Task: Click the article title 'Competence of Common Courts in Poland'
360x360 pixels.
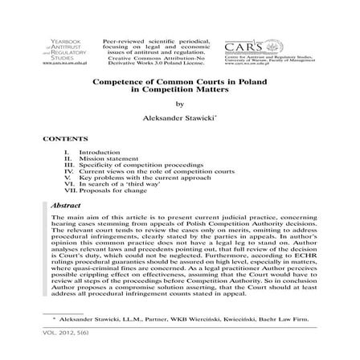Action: coord(180,82)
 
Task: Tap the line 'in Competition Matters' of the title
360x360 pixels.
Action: coord(180,88)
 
